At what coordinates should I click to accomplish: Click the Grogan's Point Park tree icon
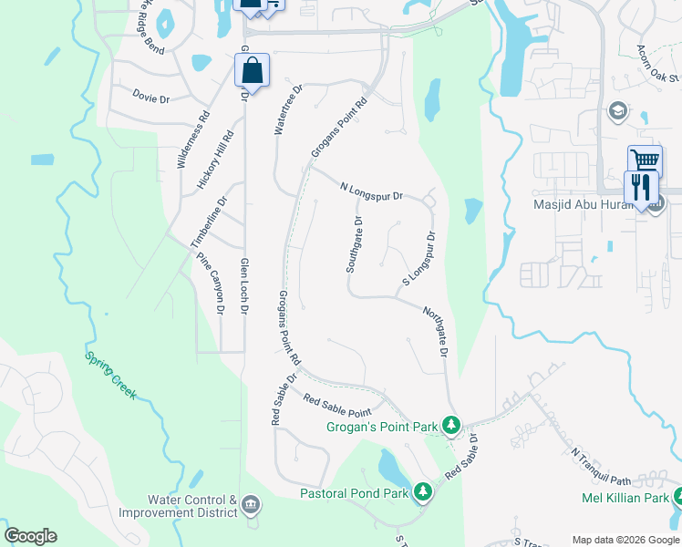click(x=450, y=425)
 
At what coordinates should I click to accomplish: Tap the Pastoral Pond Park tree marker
click(x=422, y=492)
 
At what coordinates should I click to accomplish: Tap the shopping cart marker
click(x=645, y=161)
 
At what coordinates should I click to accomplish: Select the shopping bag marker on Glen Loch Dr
click(x=253, y=70)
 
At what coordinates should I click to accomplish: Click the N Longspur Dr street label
click(x=371, y=191)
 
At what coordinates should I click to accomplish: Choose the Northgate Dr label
click(x=436, y=332)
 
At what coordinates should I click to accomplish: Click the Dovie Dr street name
click(x=151, y=98)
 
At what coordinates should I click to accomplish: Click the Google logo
click(x=31, y=535)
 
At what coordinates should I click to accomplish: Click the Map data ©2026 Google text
click(x=625, y=540)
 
